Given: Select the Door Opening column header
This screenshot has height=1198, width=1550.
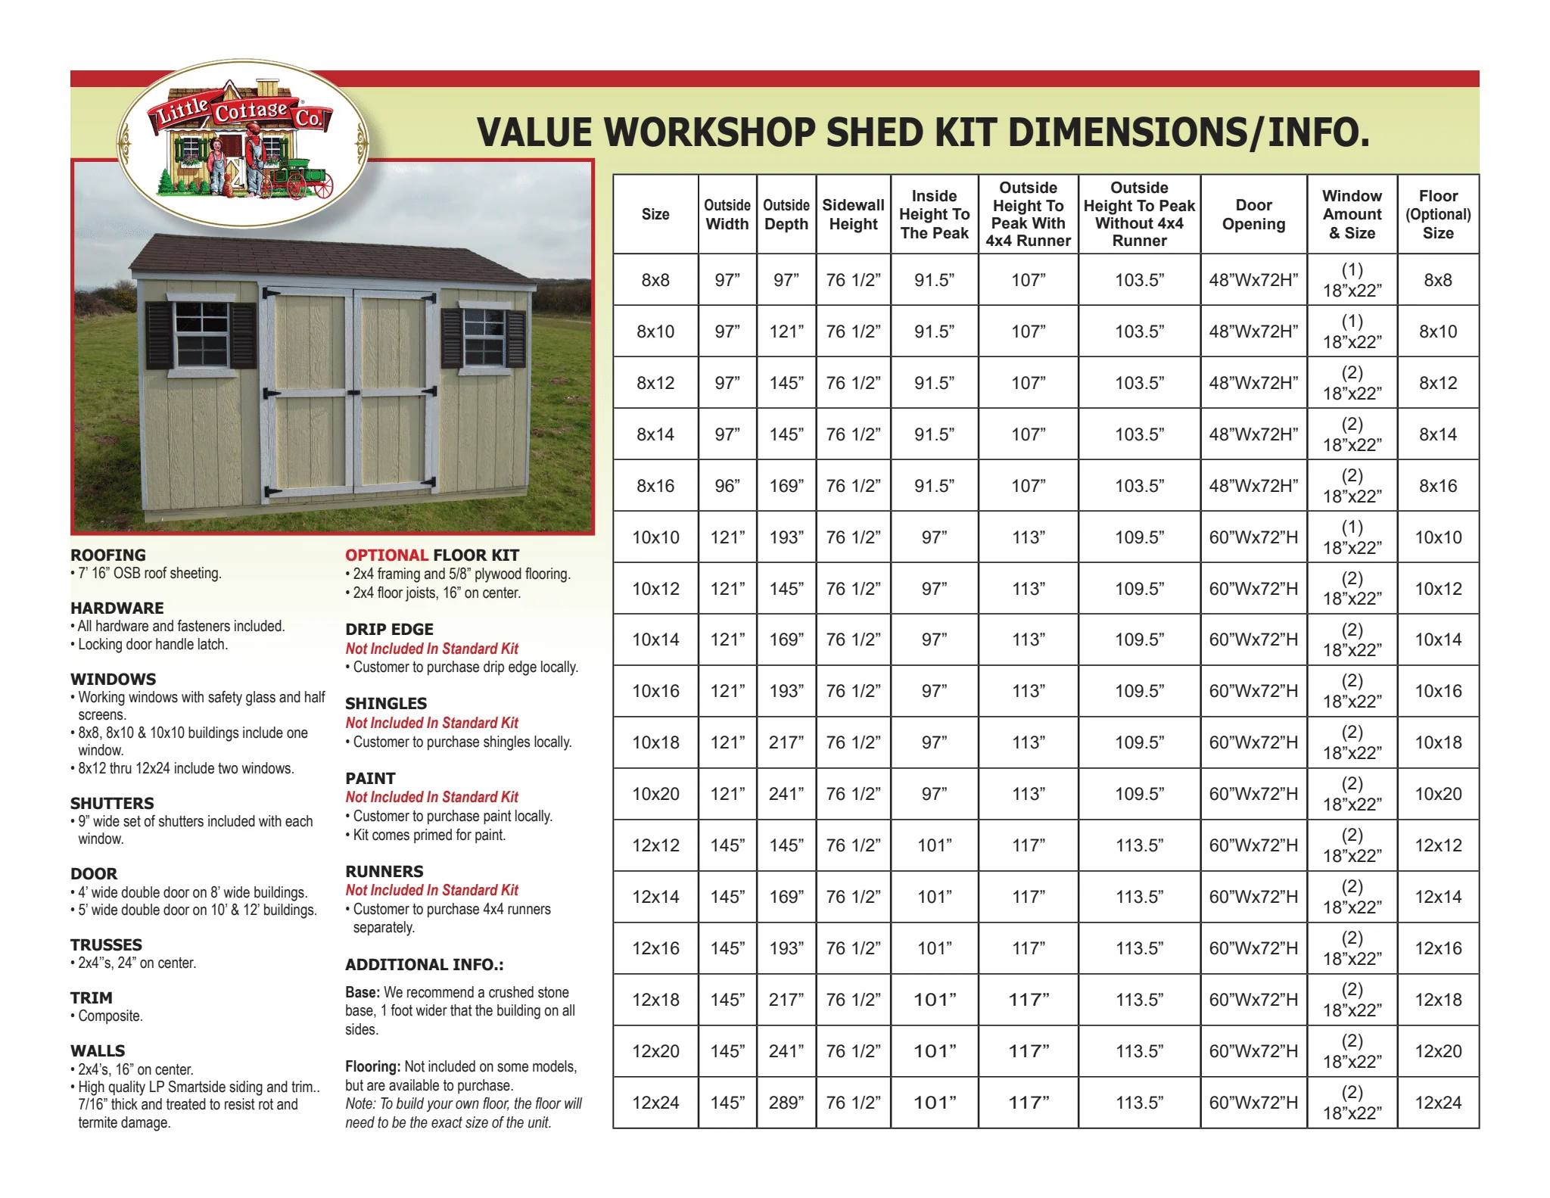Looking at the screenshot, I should point(1253,214).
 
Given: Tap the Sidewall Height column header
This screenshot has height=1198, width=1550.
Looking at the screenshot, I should point(853,214).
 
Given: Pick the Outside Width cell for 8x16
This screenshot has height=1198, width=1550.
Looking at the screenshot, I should point(727,486).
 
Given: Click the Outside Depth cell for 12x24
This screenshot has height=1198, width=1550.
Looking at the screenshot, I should point(786,1103).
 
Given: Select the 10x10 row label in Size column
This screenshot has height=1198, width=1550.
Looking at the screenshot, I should point(655,537).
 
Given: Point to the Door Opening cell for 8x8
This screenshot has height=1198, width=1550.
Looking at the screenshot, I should point(1253,280).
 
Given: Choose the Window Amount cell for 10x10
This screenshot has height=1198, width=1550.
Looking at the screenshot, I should point(1352,537).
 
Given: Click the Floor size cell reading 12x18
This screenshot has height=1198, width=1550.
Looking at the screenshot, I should point(1438,1000).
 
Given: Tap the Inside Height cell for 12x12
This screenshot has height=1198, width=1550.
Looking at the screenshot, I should point(934,845).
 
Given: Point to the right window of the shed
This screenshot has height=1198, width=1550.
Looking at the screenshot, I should point(484,335).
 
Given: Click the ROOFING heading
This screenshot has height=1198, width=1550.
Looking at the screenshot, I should point(108,555).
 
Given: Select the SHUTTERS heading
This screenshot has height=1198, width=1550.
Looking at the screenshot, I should point(112,803).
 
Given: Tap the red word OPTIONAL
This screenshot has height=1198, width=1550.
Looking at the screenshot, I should point(386,555).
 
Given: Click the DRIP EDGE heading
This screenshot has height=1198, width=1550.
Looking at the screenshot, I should point(389,629).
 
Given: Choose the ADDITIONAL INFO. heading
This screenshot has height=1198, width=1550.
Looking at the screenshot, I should point(424,964).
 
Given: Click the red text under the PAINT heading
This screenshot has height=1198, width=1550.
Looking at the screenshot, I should point(431,797).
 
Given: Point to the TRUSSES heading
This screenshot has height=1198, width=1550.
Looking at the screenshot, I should point(106,944).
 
